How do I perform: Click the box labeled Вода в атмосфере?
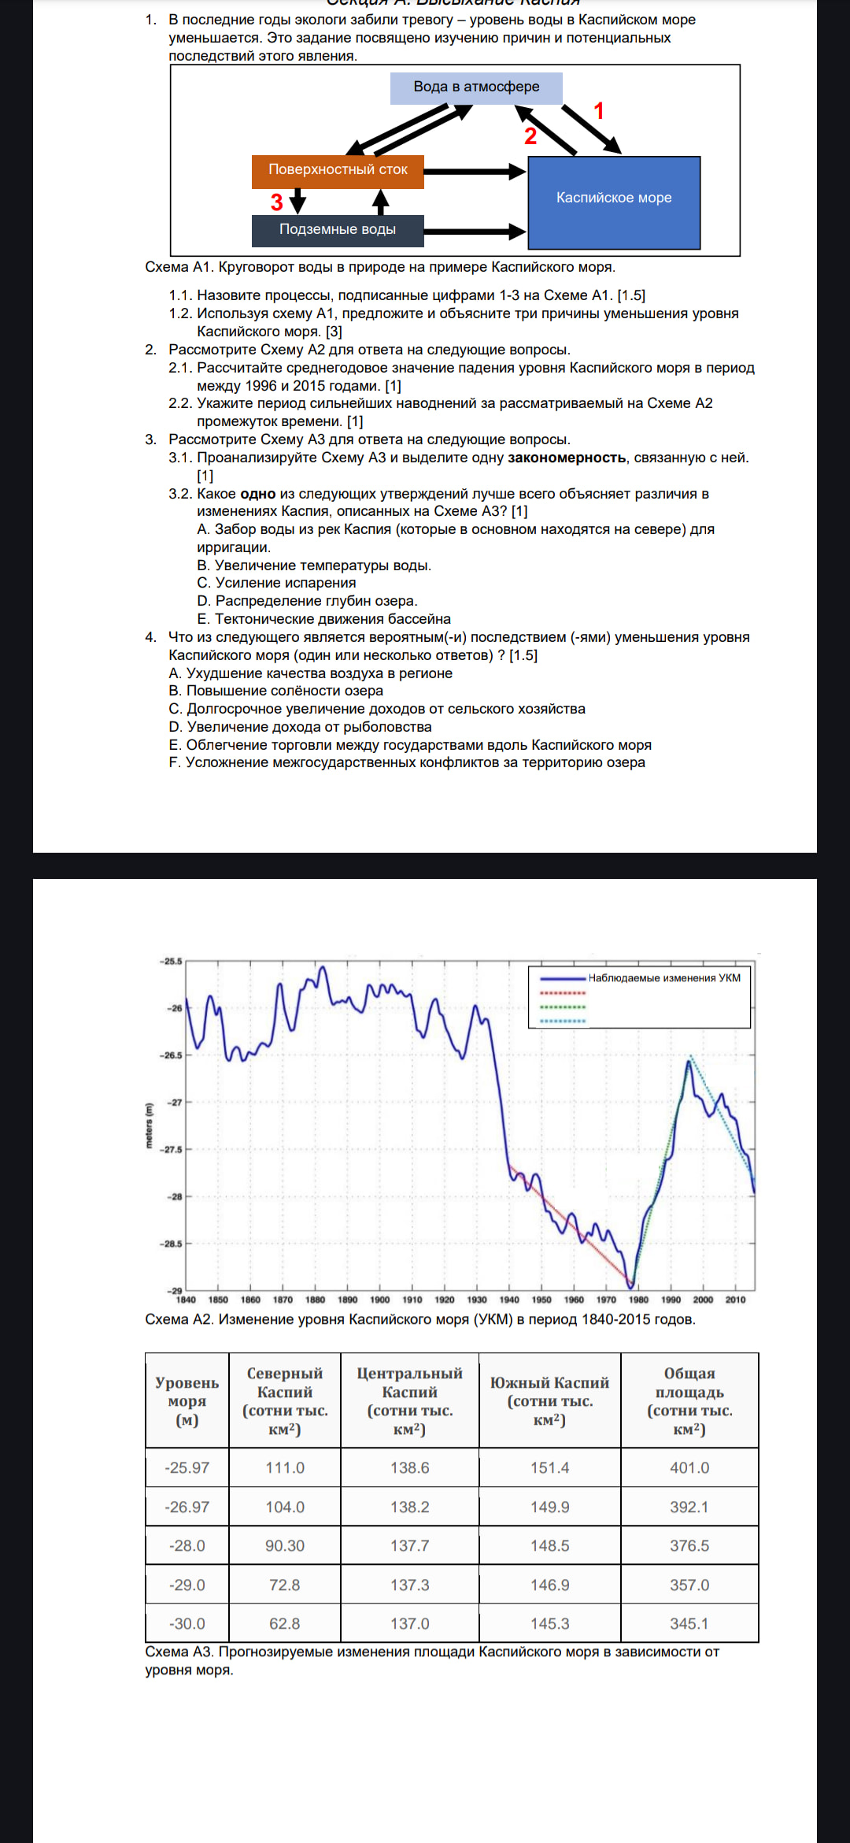coord(476,87)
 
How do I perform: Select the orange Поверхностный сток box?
coord(338,170)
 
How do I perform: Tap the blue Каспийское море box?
coord(614,198)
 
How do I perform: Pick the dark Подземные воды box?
coord(338,230)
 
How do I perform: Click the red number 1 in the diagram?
coord(599,111)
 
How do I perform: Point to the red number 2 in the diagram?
coord(530,136)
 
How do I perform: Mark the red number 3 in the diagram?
coord(277,202)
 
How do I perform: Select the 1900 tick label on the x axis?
coord(380,1300)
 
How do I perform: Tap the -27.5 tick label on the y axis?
coord(172,1150)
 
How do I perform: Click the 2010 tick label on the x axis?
coord(735,1300)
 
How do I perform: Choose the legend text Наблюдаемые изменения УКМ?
coord(664,978)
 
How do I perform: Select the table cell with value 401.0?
coord(689,1468)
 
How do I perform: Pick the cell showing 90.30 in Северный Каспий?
coord(285,1546)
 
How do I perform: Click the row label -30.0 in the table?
coord(187,1624)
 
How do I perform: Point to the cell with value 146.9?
coord(549,1585)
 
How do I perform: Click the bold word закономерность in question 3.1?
coord(567,458)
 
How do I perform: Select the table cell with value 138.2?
coord(410,1507)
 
